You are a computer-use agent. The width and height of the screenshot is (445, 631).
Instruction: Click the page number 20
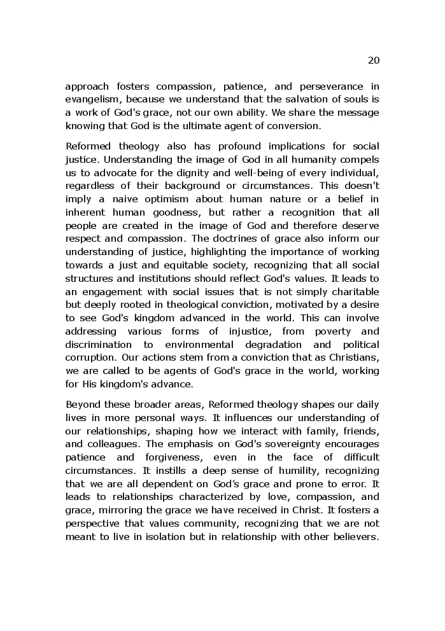(374, 60)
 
